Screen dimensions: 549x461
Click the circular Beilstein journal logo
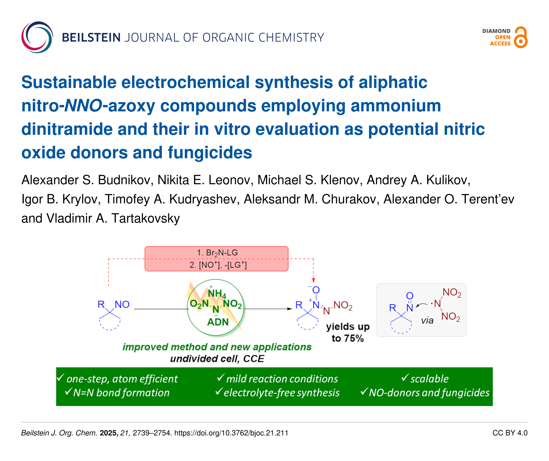coord(37,37)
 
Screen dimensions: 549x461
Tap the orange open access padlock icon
coord(521,37)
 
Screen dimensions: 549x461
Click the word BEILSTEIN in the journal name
coord(91,37)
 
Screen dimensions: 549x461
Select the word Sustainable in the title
coord(69,82)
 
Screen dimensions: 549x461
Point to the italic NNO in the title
coord(83,106)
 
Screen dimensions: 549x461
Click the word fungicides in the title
coord(210,153)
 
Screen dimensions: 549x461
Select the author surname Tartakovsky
coord(146,218)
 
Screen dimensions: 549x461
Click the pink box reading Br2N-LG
coord(217,259)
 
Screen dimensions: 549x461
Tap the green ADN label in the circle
coord(218,322)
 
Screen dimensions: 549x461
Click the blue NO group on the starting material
coord(122,305)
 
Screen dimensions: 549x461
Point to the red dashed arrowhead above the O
coord(314,281)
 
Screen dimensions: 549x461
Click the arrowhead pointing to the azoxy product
coord(290,309)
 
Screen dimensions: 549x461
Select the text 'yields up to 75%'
coord(348,332)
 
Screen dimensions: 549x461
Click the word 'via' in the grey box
coord(427,320)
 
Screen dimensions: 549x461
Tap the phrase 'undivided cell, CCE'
coord(217,359)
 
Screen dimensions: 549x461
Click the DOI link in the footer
coord(231,433)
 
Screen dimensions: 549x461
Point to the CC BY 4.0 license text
coord(510,433)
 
